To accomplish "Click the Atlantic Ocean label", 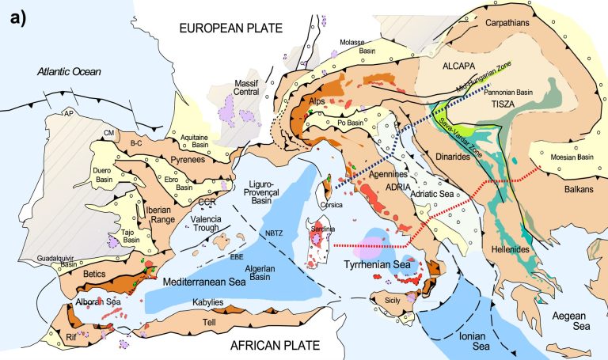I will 66,73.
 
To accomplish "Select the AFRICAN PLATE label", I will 273,346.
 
